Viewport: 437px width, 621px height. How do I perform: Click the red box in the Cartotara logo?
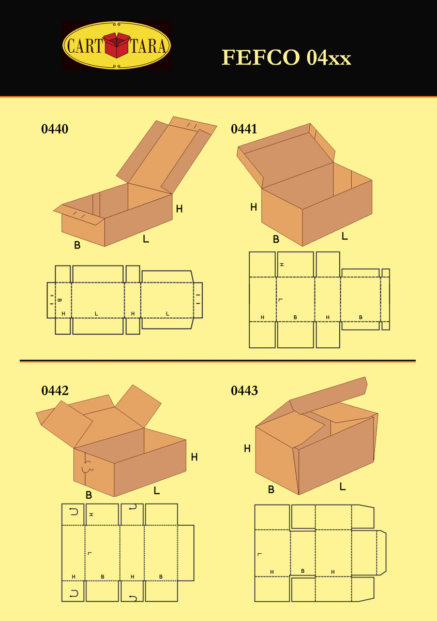(117, 45)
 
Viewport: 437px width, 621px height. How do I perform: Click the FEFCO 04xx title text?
(287, 57)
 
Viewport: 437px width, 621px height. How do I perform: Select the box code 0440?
(54, 129)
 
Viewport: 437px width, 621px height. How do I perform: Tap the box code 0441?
(244, 129)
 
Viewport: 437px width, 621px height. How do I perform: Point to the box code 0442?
(54, 391)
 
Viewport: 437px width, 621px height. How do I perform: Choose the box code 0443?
(244, 391)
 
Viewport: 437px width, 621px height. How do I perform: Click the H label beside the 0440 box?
(179, 209)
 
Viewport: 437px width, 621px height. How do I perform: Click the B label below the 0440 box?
(77, 245)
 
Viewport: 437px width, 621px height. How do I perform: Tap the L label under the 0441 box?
(344, 236)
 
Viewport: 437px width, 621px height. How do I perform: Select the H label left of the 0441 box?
(253, 207)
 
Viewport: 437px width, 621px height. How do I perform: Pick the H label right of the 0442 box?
(194, 457)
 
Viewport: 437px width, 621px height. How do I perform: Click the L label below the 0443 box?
(342, 486)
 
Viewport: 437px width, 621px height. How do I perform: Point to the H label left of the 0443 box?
(247, 449)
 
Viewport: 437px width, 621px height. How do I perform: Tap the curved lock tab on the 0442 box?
(87, 466)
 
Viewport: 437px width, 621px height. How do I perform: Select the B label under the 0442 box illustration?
(88, 495)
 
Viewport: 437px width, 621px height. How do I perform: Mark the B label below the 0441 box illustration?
(276, 239)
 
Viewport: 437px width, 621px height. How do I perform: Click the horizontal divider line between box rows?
(217, 360)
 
